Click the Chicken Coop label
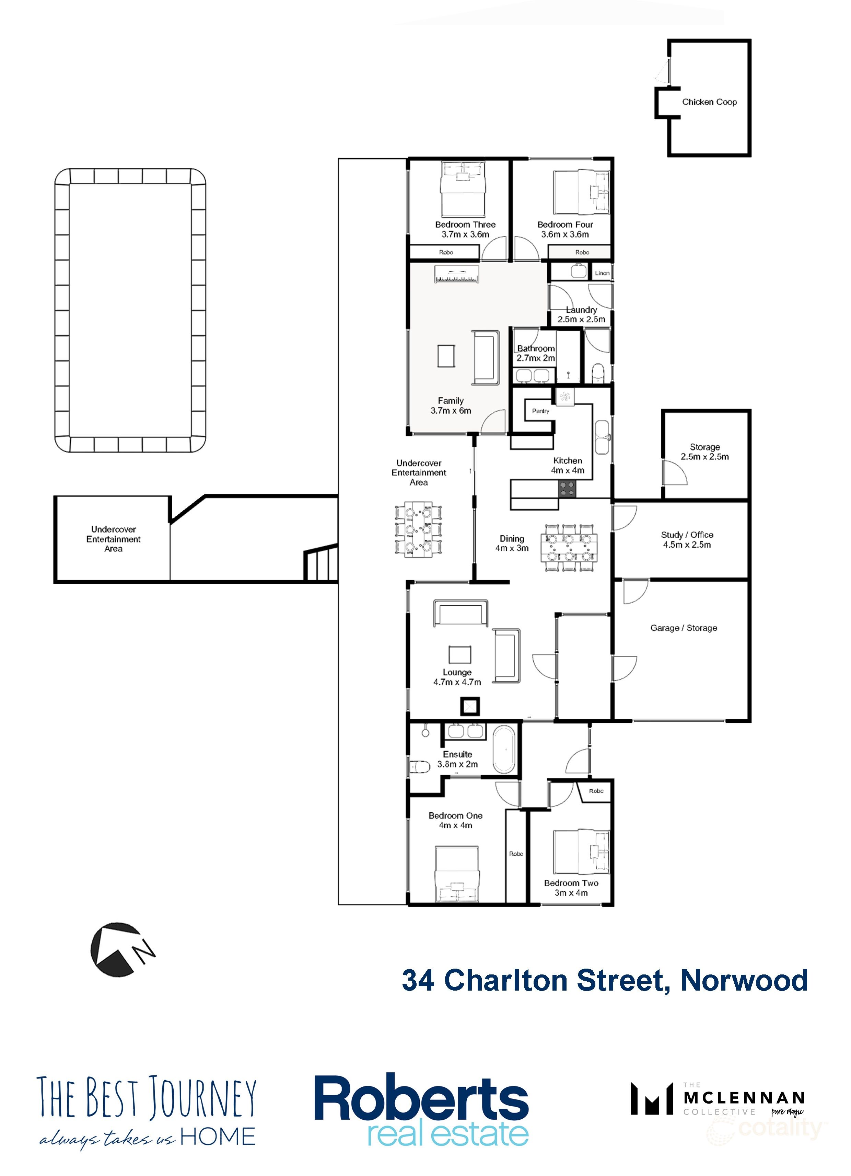click(709, 102)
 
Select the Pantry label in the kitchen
click(540, 411)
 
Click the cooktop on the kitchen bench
click(567, 489)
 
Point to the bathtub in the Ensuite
click(503, 750)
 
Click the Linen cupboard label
click(602, 273)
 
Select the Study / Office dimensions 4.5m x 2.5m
click(686, 545)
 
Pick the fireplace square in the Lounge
click(469, 706)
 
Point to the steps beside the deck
click(320, 564)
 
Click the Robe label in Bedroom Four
click(582, 252)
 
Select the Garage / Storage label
click(683, 628)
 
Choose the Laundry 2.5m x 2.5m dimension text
click(581, 319)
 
